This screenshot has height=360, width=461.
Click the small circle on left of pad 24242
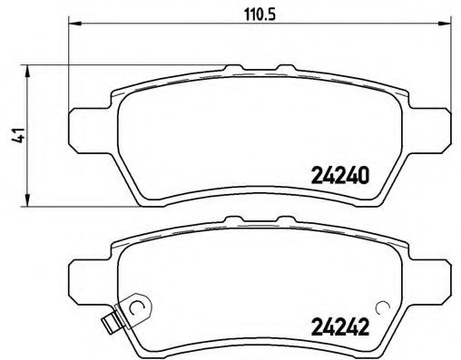(x=137, y=307)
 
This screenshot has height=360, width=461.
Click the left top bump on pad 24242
(x=233, y=219)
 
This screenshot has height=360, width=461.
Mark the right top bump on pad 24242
(x=287, y=219)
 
